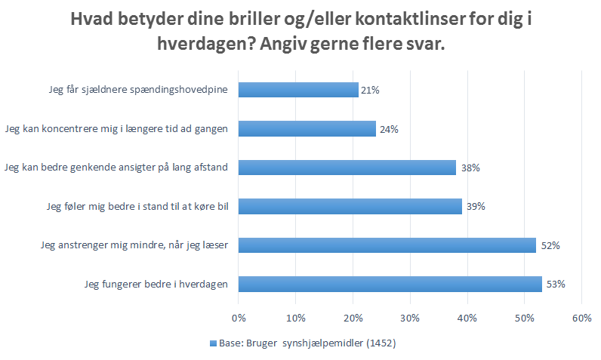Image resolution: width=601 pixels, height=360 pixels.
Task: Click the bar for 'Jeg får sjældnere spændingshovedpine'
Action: click(x=298, y=90)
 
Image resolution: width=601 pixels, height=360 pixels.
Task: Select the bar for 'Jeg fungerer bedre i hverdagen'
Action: click(x=390, y=284)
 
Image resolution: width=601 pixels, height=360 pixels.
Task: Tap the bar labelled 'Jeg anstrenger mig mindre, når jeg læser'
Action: click(x=387, y=245)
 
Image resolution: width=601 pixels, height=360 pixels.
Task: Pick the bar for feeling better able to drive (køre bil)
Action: click(x=350, y=206)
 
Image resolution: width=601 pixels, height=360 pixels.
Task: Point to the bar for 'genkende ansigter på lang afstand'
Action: click(x=347, y=168)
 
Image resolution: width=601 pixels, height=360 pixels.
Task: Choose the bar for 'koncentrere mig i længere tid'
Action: click(x=307, y=128)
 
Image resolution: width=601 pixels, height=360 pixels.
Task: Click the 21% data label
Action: click(x=370, y=91)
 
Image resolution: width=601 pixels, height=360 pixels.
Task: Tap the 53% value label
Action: click(x=556, y=285)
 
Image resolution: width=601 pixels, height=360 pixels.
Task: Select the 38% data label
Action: click(x=470, y=168)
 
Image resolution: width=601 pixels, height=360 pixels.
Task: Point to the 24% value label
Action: click(x=389, y=129)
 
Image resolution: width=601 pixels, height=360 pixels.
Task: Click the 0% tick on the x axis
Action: click(x=239, y=317)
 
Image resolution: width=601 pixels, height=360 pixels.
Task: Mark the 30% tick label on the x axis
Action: click(x=410, y=317)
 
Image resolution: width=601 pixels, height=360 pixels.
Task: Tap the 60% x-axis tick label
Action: click(x=581, y=317)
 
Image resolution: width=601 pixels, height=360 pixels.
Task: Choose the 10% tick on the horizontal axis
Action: click(x=296, y=317)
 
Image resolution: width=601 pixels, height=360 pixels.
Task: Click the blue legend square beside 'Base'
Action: click(x=212, y=343)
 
